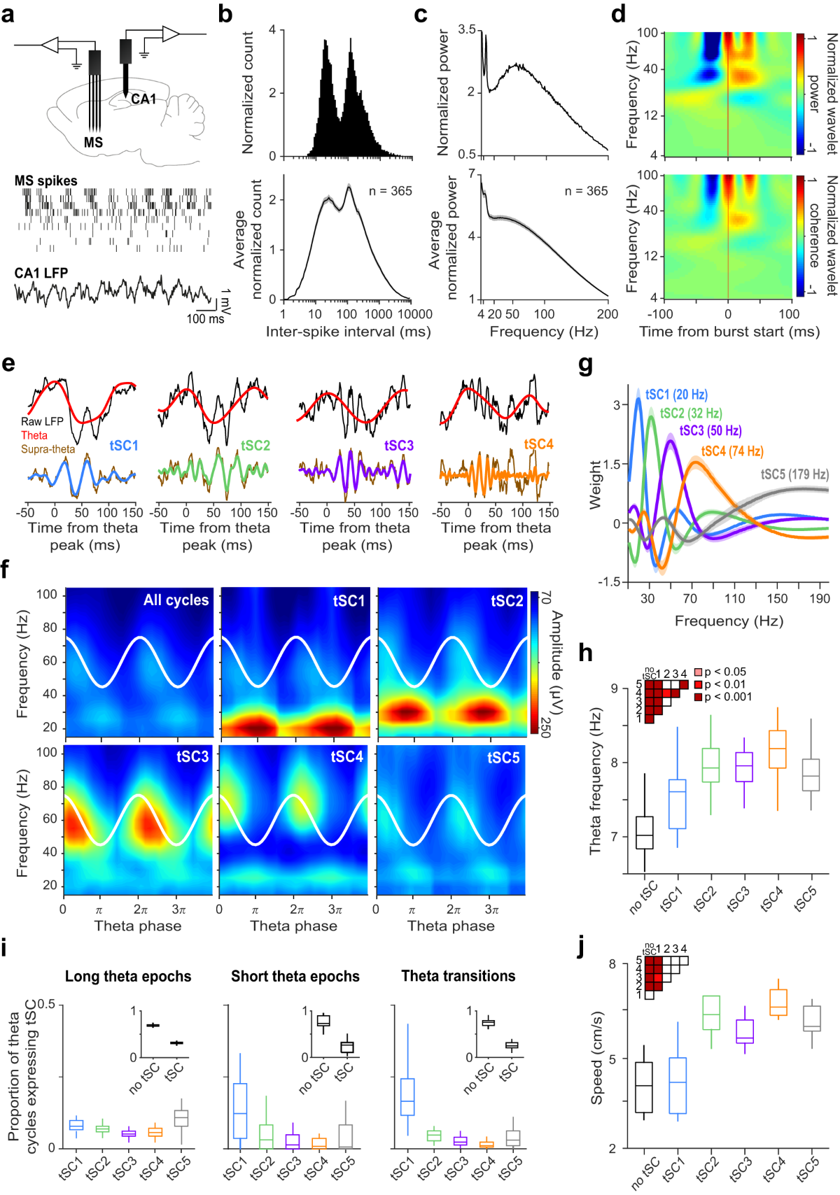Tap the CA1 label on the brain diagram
pyautogui.click(x=143, y=99)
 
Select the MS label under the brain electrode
pyautogui.click(x=93, y=143)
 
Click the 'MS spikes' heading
pyautogui.click(x=46, y=181)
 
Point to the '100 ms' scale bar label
pyautogui.click(x=205, y=319)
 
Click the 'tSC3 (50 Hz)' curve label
pyautogui.click(x=710, y=430)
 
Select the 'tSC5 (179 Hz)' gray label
pyautogui.click(x=794, y=474)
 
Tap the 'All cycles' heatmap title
pyautogui.click(x=176, y=600)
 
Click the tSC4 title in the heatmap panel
pyautogui.click(x=346, y=757)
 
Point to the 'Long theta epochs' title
pyautogui.click(x=128, y=977)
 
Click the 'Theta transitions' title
pyautogui.click(x=458, y=976)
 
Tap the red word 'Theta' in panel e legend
pyautogui.click(x=34, y=435)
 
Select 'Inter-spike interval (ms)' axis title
pyautogui.click(x=348, y=332)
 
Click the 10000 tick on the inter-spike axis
pyautogui.click(x=415, y=314)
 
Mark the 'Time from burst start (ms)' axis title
pyautogui.click(x=729, y=332)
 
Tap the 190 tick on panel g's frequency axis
pyautogui.click(x=819, y=599)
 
